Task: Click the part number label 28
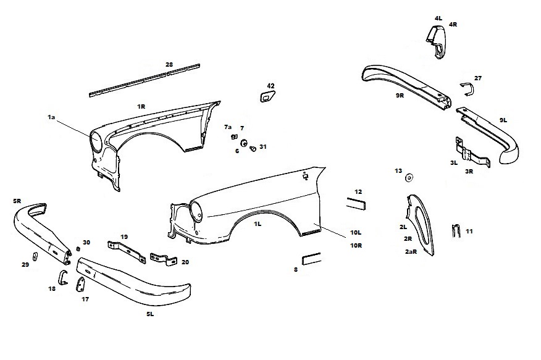click(169, 64)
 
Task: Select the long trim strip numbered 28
click(145, 80)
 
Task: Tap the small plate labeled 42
click(267, 96)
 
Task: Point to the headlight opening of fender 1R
click(96, 142)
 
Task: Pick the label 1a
click(51, 117)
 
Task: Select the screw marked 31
click(253, 149)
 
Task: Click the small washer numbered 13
click(409, 178)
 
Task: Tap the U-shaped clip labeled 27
click(469, 89)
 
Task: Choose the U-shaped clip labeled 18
click(62, 278)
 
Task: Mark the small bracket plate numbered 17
click(81, 285)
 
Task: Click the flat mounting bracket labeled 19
click(127, 252)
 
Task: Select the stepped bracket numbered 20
click(164, 259)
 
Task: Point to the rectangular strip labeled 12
click(356, 203)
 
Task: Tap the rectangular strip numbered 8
click(311, 259)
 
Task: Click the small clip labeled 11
click(456, 231)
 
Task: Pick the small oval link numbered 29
click(35, 257)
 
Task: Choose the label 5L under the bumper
click(150, 314)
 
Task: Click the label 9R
click(400, 96)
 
